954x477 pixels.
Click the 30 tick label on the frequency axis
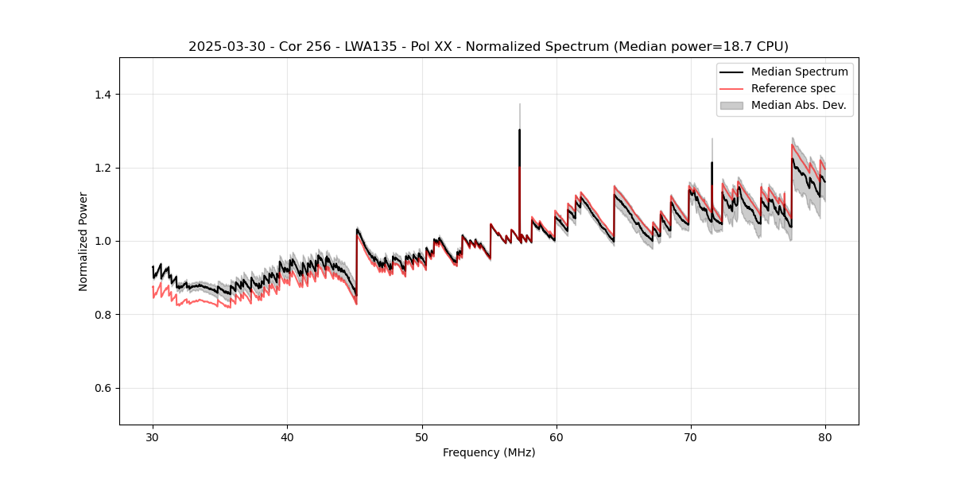point(153,436)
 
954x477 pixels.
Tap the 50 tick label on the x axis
point(421,436)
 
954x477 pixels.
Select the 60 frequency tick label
point(556,436)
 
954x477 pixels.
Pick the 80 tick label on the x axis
point(824,436)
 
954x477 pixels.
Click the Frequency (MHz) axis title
point(489,452)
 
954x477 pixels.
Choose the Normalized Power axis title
point(83,241)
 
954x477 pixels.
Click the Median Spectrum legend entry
point(799,72)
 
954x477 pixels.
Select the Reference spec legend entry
point(793,88)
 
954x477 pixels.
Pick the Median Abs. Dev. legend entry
point(798,105)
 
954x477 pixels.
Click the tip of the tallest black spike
point(519,130)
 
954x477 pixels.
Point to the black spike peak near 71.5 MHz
point(712,163)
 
